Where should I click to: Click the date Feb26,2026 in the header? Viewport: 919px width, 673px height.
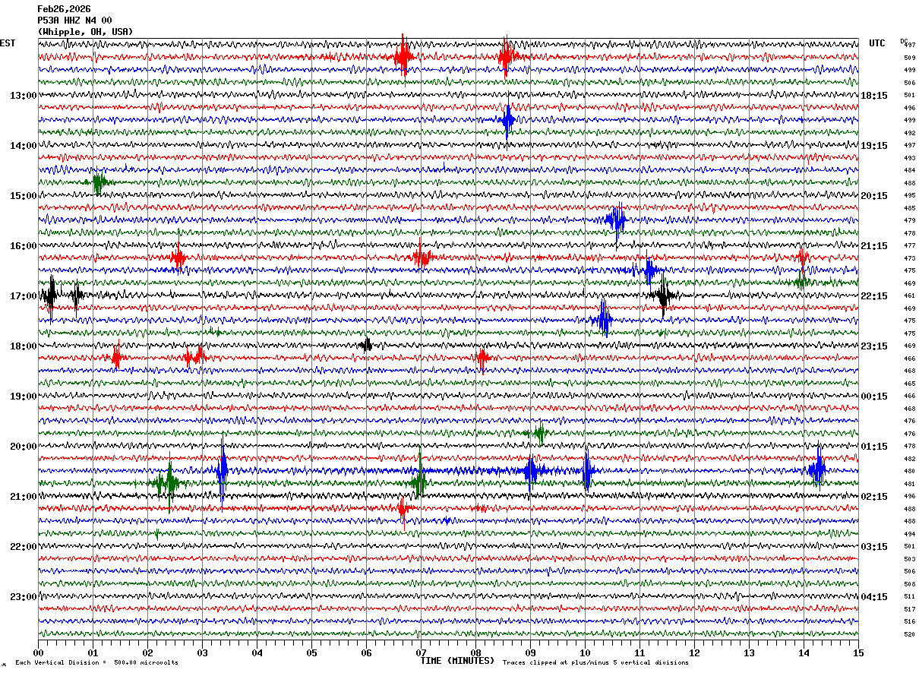click(64, 9)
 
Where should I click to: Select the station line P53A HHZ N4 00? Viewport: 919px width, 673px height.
click(74, 21)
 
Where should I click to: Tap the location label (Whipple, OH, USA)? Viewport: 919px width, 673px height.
click(85, 32)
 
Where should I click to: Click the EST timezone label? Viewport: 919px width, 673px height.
click(8, 43)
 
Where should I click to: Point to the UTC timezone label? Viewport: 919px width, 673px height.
click(877, 43)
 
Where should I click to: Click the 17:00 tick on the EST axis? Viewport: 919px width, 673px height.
click(23, 296)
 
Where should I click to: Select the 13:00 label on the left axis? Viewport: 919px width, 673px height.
click(23, 96)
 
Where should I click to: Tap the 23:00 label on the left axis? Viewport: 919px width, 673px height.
click(23, 597)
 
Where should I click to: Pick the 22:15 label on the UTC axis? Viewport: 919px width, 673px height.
click(873, 296)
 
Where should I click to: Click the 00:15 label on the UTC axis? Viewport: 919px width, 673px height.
click(873, 397)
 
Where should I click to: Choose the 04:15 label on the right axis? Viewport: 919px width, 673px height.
click(873, 597)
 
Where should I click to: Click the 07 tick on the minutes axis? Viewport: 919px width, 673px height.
click(421, 652)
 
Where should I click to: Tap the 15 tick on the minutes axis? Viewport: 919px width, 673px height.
click(858, 652)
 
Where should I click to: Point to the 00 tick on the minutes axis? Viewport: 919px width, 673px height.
click(38, 652)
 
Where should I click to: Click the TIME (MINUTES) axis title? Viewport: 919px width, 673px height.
click(457, 661)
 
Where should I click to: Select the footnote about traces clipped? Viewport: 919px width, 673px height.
click(595, 663)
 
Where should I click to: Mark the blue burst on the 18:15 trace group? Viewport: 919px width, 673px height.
click(508, 120)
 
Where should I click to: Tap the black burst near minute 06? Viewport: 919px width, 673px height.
click(366, 345)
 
